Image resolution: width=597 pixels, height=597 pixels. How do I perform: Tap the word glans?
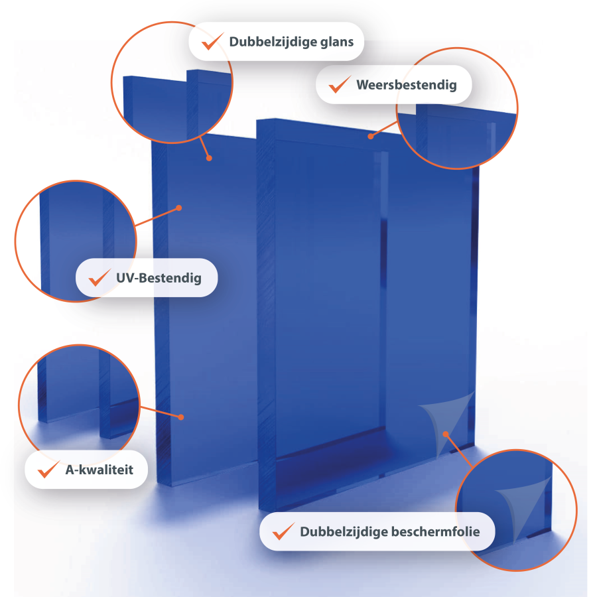[x=336, y=42]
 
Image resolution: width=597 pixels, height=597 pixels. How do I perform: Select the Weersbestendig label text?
[x=406, y=84]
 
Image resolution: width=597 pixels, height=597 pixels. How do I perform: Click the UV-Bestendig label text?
[x=159, y=278]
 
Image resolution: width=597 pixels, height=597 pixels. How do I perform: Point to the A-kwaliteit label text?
[x=99, y=470]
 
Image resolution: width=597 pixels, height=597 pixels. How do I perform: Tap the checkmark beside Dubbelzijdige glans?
[x=212, y=41]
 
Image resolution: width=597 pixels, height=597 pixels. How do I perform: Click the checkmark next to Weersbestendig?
[x=340, y=84]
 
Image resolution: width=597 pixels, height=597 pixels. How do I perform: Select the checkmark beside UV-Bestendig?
[x=99, y=277]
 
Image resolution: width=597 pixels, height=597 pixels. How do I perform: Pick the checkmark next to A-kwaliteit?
[x=48, y=469]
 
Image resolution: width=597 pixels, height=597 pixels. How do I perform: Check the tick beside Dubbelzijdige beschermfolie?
[x=283, y=531]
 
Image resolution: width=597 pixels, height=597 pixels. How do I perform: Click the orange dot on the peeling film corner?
[x=446, y=434]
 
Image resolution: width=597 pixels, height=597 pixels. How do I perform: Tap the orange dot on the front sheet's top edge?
[x=370, y=136]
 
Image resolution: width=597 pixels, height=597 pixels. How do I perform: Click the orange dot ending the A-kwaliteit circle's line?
[x=181, y=417]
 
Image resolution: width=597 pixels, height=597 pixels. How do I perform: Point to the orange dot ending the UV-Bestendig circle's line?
[x=179, y=208]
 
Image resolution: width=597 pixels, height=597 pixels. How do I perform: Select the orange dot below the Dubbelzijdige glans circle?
[x=209, y=158]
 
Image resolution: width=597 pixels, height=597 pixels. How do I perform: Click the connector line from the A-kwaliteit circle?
[x=161, y=412]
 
